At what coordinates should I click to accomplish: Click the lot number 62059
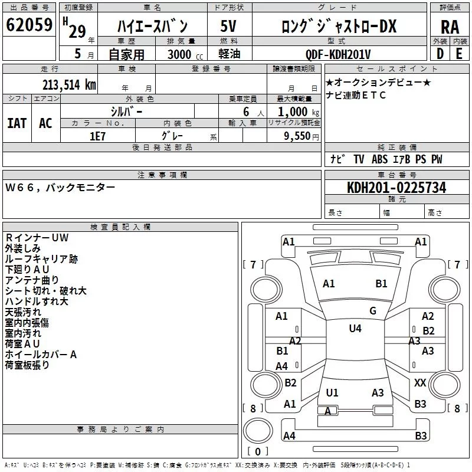(x=29, y=25)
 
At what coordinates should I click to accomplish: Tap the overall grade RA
(x=450, y=27)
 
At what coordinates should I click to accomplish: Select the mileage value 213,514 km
(x=69, y=85)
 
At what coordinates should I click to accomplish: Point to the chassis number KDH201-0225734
(x=396, y=188)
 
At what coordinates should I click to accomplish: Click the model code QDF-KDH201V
(x=337, y=54)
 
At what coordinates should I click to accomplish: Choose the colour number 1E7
(x=97, y=136)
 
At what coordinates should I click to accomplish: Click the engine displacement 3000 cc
(x=185, y=54)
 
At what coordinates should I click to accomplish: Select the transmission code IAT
(x=17, y=123)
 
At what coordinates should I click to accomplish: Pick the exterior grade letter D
(x=440, y=54)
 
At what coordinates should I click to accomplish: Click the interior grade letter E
(x=459, y=54)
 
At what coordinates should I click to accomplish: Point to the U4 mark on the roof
(x=355, y=329)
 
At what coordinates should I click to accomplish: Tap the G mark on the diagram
(x=373, y=311)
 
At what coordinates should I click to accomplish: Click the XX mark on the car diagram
(x=420, y=382)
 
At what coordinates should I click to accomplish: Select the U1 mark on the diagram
(x=332, y=392)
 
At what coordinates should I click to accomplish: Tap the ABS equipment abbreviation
(x=379, y=159)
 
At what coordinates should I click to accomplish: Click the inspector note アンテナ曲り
(x=32, y=280)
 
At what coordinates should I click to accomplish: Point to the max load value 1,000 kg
(x=299, y=112)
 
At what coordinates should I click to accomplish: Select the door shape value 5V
(x=228, y=26)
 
